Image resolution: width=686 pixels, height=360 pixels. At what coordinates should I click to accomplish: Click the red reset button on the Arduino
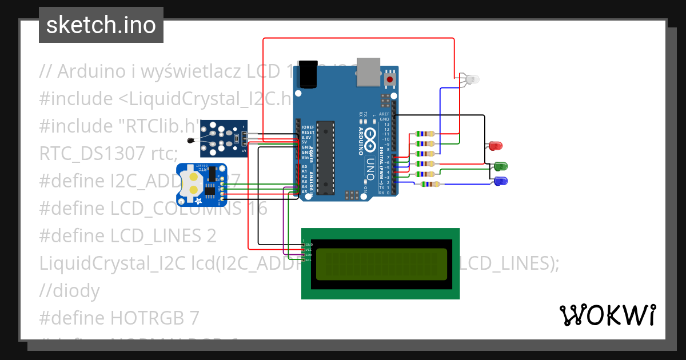click(x=390, y=79)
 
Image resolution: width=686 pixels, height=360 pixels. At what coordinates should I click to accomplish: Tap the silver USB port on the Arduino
click(x=368, y=71)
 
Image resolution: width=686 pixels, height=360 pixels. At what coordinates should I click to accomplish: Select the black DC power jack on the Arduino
click(x=308, y=74)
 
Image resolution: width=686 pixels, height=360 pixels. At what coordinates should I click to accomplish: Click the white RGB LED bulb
click(x=472, y=80)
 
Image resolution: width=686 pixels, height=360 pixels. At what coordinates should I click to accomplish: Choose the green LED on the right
click(x=501, y=166)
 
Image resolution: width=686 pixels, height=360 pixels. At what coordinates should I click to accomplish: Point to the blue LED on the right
click(x=501, y=181)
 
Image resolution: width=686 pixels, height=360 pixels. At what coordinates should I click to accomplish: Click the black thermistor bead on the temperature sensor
click(x=190, y=139)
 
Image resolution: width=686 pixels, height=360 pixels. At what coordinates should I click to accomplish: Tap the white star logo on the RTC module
click(x=198, y=201)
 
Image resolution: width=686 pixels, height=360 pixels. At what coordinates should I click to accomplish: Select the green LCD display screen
click(x=380, y=263)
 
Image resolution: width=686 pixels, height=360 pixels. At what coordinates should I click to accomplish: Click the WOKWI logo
click(x=607, y=315)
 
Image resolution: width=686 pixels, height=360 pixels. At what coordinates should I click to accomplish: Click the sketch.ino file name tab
click(x=101, y=25)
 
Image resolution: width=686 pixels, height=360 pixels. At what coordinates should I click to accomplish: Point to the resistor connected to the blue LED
click(x=429, y=184)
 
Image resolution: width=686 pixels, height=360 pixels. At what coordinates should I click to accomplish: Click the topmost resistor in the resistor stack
click(x=425, y=134)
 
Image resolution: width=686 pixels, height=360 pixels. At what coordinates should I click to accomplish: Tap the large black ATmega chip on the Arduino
click(x=325, y=157)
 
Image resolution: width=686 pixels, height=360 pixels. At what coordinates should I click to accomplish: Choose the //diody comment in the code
click(x=69, y=291)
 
